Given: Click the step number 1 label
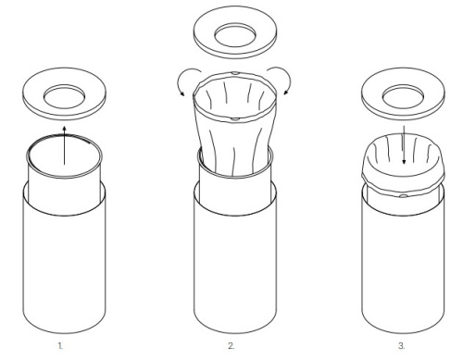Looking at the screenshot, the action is coord(60,346).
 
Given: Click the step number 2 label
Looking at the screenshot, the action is coord(231,346).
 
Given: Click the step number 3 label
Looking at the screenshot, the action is coord(401,346).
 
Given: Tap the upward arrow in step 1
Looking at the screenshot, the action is coord(64,145).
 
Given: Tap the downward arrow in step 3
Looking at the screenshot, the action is coord(404,145).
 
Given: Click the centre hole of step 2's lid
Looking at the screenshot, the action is coord(235,35).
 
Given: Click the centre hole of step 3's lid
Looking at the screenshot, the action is coord(403,97).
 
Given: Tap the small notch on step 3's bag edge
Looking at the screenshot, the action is coord(403,196).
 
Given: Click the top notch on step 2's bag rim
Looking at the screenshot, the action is coord(235,73).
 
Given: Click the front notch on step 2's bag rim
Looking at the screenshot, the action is coord(235,118).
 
